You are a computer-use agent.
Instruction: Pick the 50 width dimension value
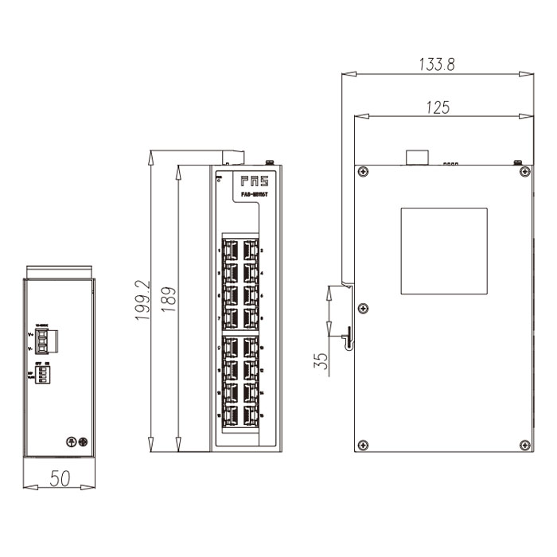pyautogui.click(x=60, y=479)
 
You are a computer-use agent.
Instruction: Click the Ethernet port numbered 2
pyautogui.click(x=251, y=250)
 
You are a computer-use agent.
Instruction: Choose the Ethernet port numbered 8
pyautogui.click(x=251, y=318)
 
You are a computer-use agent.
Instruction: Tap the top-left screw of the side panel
pyautogui.click(x=363, y=171)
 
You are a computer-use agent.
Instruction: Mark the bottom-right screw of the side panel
pyautogui.click(x=523, y=445)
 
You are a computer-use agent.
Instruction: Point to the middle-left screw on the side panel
pyautogui.click(x=363, y=308)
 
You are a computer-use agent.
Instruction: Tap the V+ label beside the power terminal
pyautogui.click(x=31, y=334)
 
